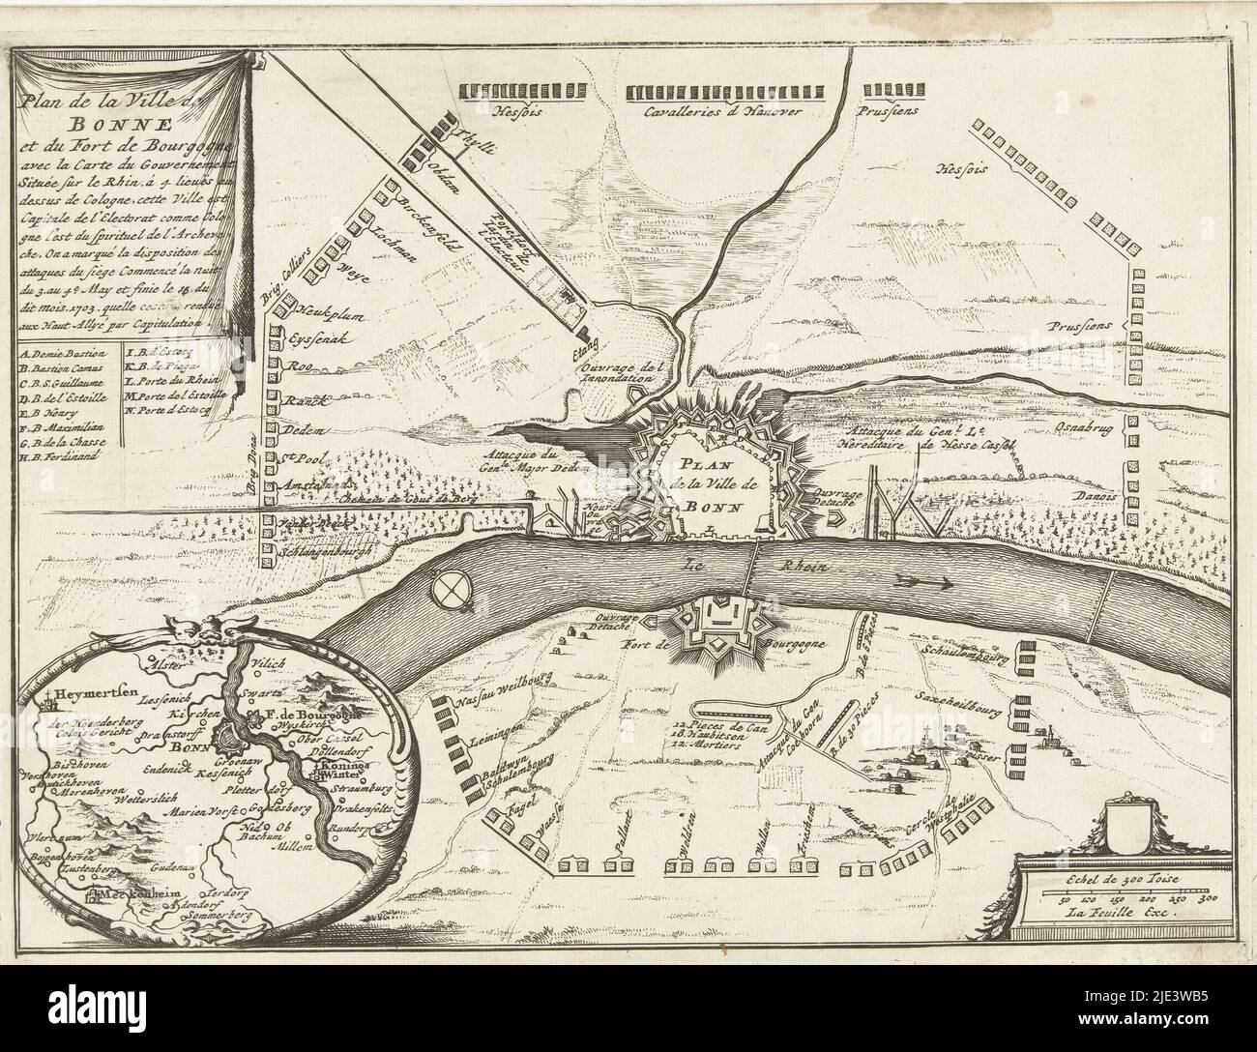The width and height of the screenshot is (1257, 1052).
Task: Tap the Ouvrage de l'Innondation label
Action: [x=621, y=373]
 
